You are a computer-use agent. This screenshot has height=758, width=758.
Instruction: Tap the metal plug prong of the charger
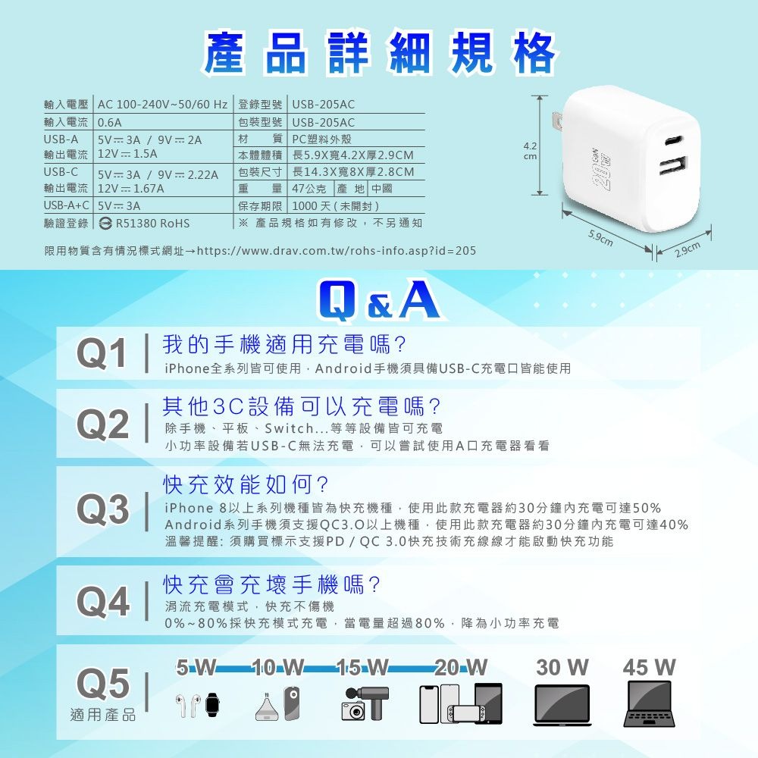pyautogui.click(x=557, y=126)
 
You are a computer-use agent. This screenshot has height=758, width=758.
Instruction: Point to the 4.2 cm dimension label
pyautogui.click(x=530, y=151)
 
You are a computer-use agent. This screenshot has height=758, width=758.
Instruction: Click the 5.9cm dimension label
pyautogui.click(x=600, y=238)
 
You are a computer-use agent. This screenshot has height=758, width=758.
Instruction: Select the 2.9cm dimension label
pyautogui.click(x=688, y=249)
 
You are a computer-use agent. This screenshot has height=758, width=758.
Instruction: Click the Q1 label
pyautogui.click(x=102, y=354)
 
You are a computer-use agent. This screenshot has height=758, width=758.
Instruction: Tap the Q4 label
pyautogui.click(x=103, y=601)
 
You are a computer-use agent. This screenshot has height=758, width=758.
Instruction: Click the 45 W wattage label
pyautogui.click(x=649, y=667)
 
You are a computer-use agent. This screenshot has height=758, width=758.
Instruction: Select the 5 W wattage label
pyautogui.click(x=196, y=667)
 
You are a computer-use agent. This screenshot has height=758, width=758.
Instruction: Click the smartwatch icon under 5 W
pyautogui.click(x=212, y=704)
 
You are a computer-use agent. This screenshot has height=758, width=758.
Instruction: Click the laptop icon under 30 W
pyautogui.click(x=562, y=705)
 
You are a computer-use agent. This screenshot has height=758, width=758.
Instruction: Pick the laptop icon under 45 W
pyautogui.click(x=649, y=703)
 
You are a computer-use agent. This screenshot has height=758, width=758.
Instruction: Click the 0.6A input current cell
pyautogui.click(x=110, y=123)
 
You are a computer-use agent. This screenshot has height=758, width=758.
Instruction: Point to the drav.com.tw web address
pyautogui.click(x=337, y=251)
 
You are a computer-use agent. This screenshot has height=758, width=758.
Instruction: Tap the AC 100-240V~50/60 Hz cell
pyautogui.click(x=162, y=105)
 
